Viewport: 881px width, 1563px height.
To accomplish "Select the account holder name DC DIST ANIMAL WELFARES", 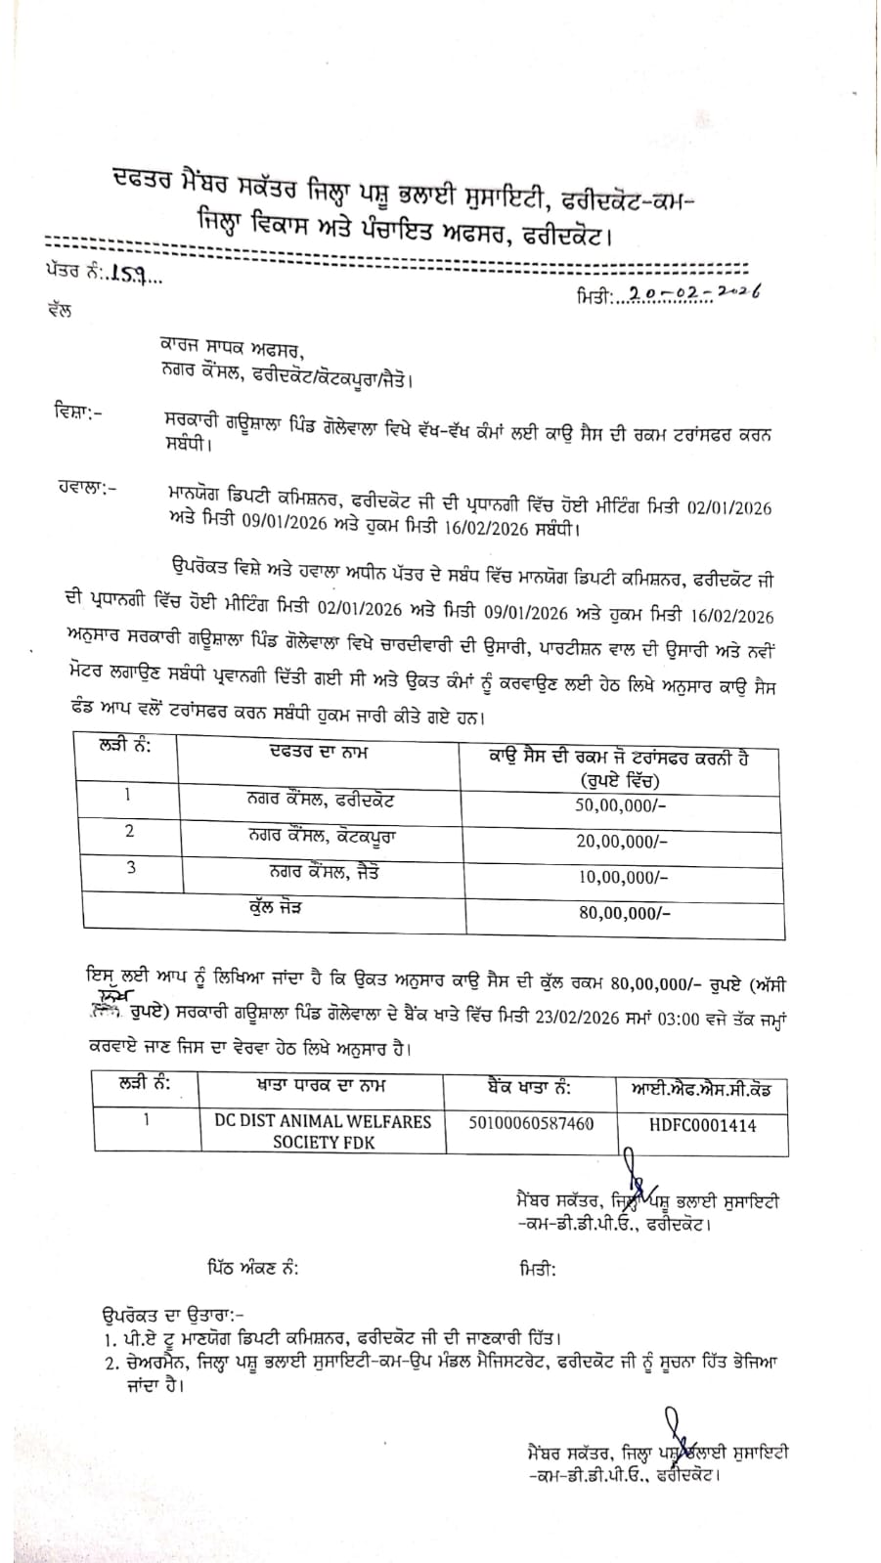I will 323,1122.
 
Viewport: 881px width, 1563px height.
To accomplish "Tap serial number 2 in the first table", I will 130,832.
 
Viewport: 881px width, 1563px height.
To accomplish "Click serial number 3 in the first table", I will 131,867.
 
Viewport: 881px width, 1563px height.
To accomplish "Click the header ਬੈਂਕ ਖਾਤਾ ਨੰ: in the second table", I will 529,1087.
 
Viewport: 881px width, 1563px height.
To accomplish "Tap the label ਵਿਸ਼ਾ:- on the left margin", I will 73,412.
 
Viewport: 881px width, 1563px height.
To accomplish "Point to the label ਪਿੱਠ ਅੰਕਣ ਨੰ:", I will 252,1269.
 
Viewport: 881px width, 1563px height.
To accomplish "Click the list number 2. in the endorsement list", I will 109,1363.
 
